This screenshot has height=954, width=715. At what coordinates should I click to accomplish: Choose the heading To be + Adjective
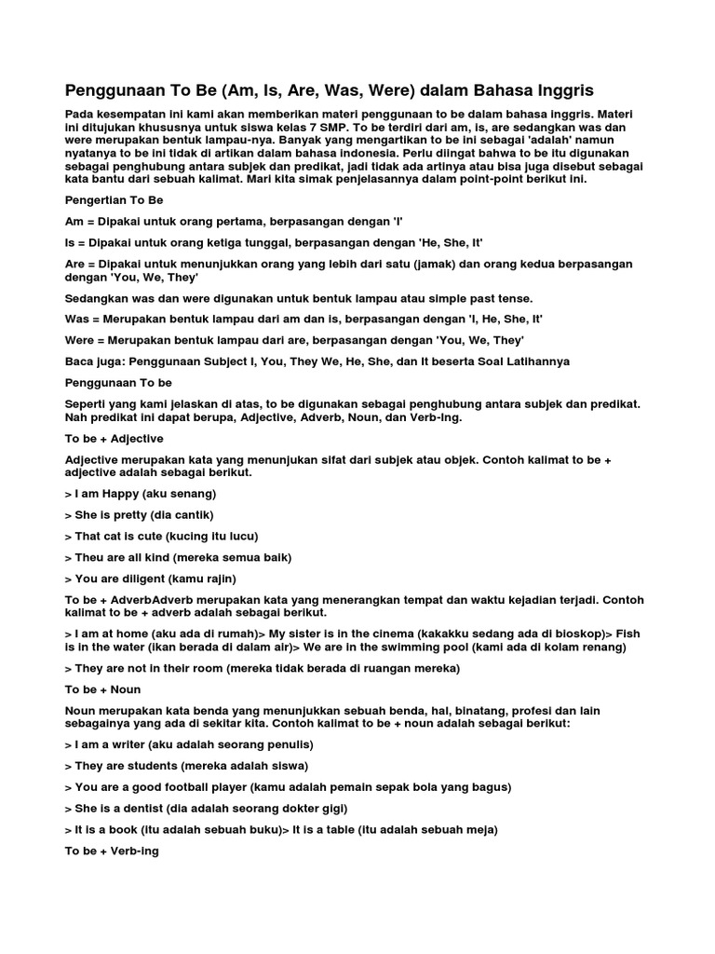[x=114, y=438]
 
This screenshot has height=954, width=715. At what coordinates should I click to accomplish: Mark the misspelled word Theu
[x=88, y=557]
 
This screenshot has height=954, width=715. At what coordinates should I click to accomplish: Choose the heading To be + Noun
[x=101, y=689]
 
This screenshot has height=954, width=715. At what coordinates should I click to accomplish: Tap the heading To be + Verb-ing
[x=112, y=851]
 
